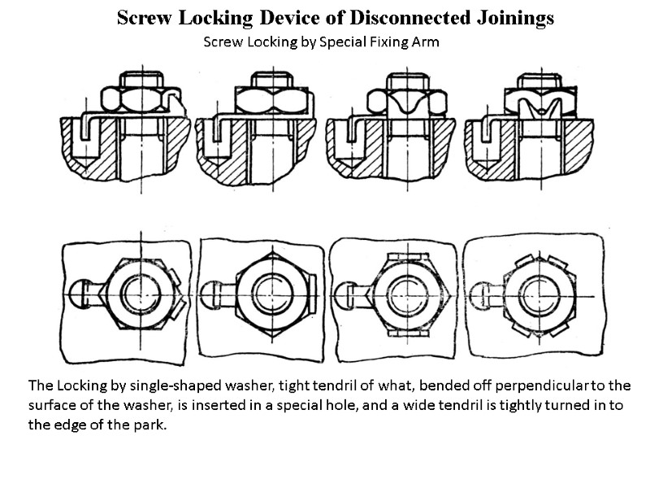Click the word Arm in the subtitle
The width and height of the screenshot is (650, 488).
(426, 42)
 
